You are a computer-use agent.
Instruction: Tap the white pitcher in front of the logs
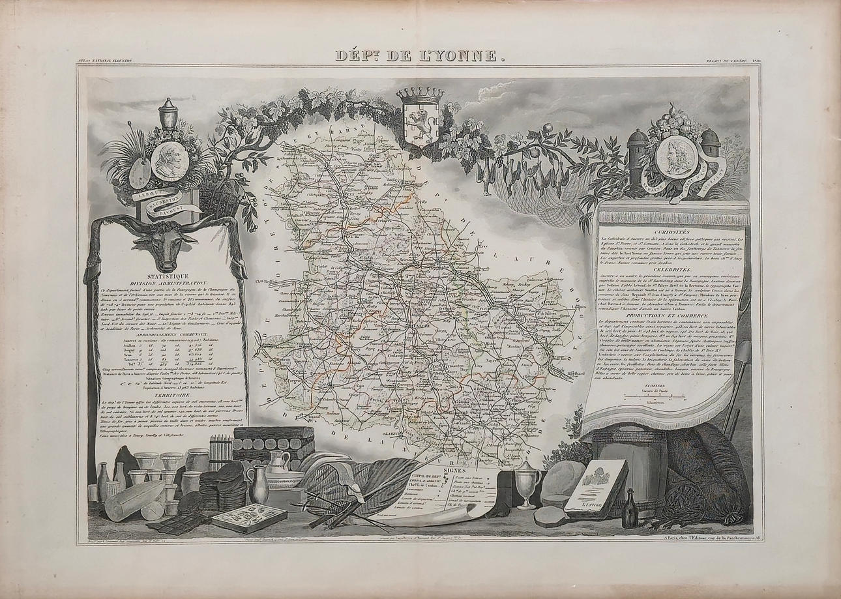click(278, 463)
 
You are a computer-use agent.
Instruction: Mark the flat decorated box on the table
click(239, 519)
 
